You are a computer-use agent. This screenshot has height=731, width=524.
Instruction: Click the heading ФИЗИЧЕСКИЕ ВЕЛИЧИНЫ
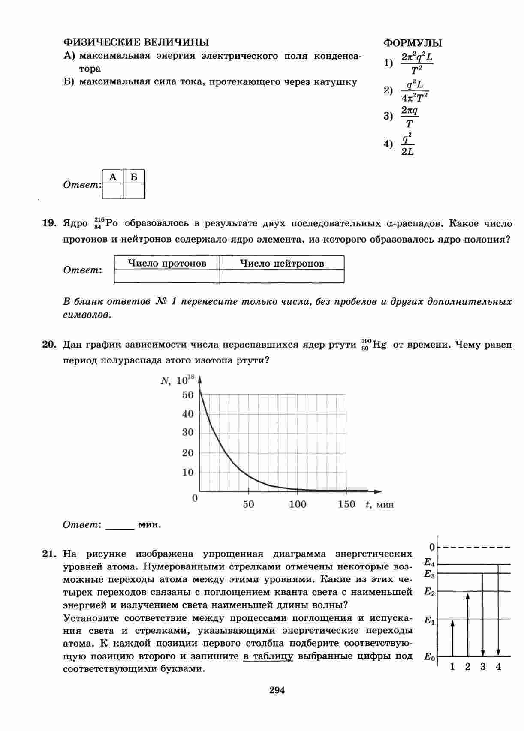(136, 42)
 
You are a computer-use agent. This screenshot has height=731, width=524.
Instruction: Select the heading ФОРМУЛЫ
(412, 43)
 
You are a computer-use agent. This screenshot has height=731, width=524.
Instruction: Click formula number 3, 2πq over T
(409, 117)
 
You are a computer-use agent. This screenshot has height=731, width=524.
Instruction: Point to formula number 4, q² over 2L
(407, 144)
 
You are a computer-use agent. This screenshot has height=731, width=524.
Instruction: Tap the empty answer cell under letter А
(113, 191)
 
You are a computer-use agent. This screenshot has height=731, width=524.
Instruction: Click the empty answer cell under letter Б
(134, 191)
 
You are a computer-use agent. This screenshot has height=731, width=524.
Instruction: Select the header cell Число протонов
(167, 263)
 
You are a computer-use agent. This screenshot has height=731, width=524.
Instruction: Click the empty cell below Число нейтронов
(282, 276)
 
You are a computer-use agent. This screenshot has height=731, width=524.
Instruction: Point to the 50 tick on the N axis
(188, 395)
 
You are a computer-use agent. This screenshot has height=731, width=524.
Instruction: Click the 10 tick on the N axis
(188, 472)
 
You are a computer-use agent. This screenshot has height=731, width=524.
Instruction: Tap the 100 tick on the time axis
(298, 504)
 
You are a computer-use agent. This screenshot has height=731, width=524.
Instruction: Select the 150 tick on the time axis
(346, 504)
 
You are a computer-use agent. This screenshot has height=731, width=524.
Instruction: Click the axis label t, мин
(379, 505)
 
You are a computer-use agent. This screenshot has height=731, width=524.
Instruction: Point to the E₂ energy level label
(429, 592)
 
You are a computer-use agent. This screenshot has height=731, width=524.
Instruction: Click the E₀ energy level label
(429, 656)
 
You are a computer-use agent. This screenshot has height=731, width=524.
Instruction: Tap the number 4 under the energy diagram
(498, 667)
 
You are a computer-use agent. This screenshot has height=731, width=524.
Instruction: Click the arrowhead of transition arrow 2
(468, 596)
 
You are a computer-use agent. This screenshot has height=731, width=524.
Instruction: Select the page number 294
(277, 690)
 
